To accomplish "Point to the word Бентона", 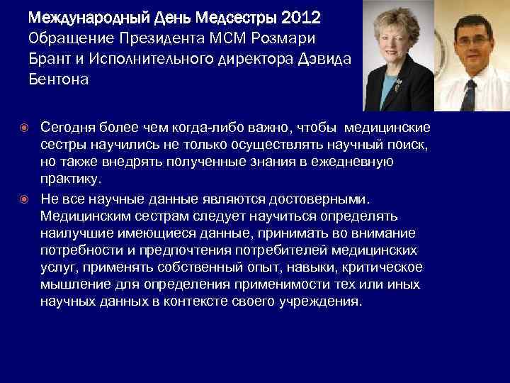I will pyautogui.click(x=59, y=79).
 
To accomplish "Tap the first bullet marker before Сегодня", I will pyautogui.click(x=27, y=128).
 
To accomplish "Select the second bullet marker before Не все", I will pyautogui.click(x=27, y=201).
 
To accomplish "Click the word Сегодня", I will pyautogui.click(x=68, y=128).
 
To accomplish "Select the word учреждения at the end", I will pyautogui.click(x=324, y=301).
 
